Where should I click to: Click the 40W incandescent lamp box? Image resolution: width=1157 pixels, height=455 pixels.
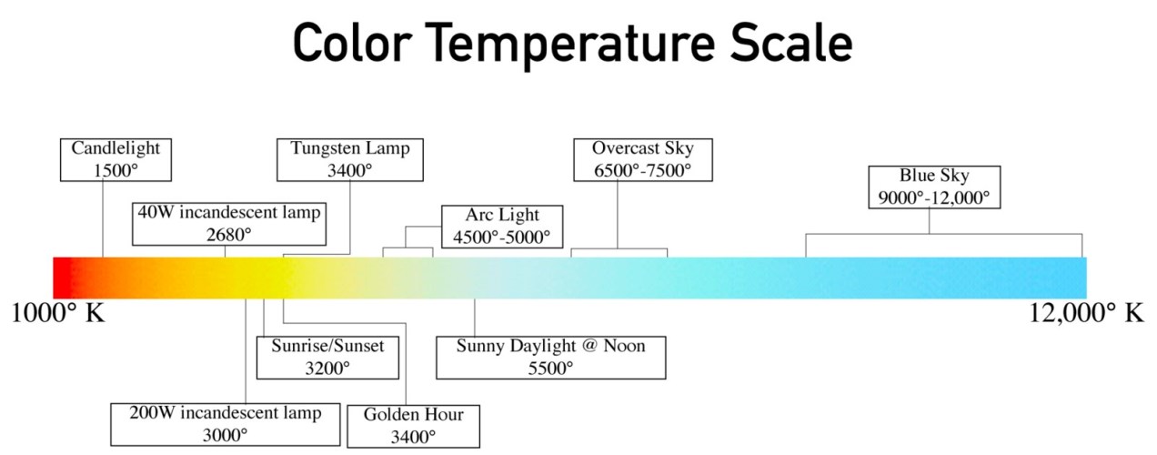pyautogui.click(x=229, y=223)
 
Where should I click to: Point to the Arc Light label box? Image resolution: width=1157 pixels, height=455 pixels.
pyautogui.click(x=502, y=226)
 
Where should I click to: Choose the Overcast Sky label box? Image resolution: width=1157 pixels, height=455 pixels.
pyautogui.click(x=641, y=158)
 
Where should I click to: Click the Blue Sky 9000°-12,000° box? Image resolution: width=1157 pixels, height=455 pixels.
pyautogui.click(x=934, y=187)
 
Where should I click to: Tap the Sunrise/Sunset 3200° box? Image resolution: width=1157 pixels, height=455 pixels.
pyautogui.click(x=328, y=357)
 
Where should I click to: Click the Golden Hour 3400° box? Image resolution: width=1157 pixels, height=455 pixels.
pyautogui.click(x=413, y=425)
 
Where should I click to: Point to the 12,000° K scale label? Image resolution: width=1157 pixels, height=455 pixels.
pyautogui.click(x=1086, y=313)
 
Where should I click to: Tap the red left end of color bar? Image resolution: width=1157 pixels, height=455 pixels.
pyautogui.click(x=62, y=278)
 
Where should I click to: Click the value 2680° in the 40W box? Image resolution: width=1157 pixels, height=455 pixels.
pyautogui.click(x=229, y=234)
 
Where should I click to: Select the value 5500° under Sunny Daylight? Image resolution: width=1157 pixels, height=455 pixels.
pyautogui.click(x=551, y=368)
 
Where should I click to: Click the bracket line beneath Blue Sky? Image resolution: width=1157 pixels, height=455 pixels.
pyautogui.click(x=943, y=234)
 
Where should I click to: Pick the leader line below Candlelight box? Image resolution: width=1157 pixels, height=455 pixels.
pyautogui.click(x=103, y=218)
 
